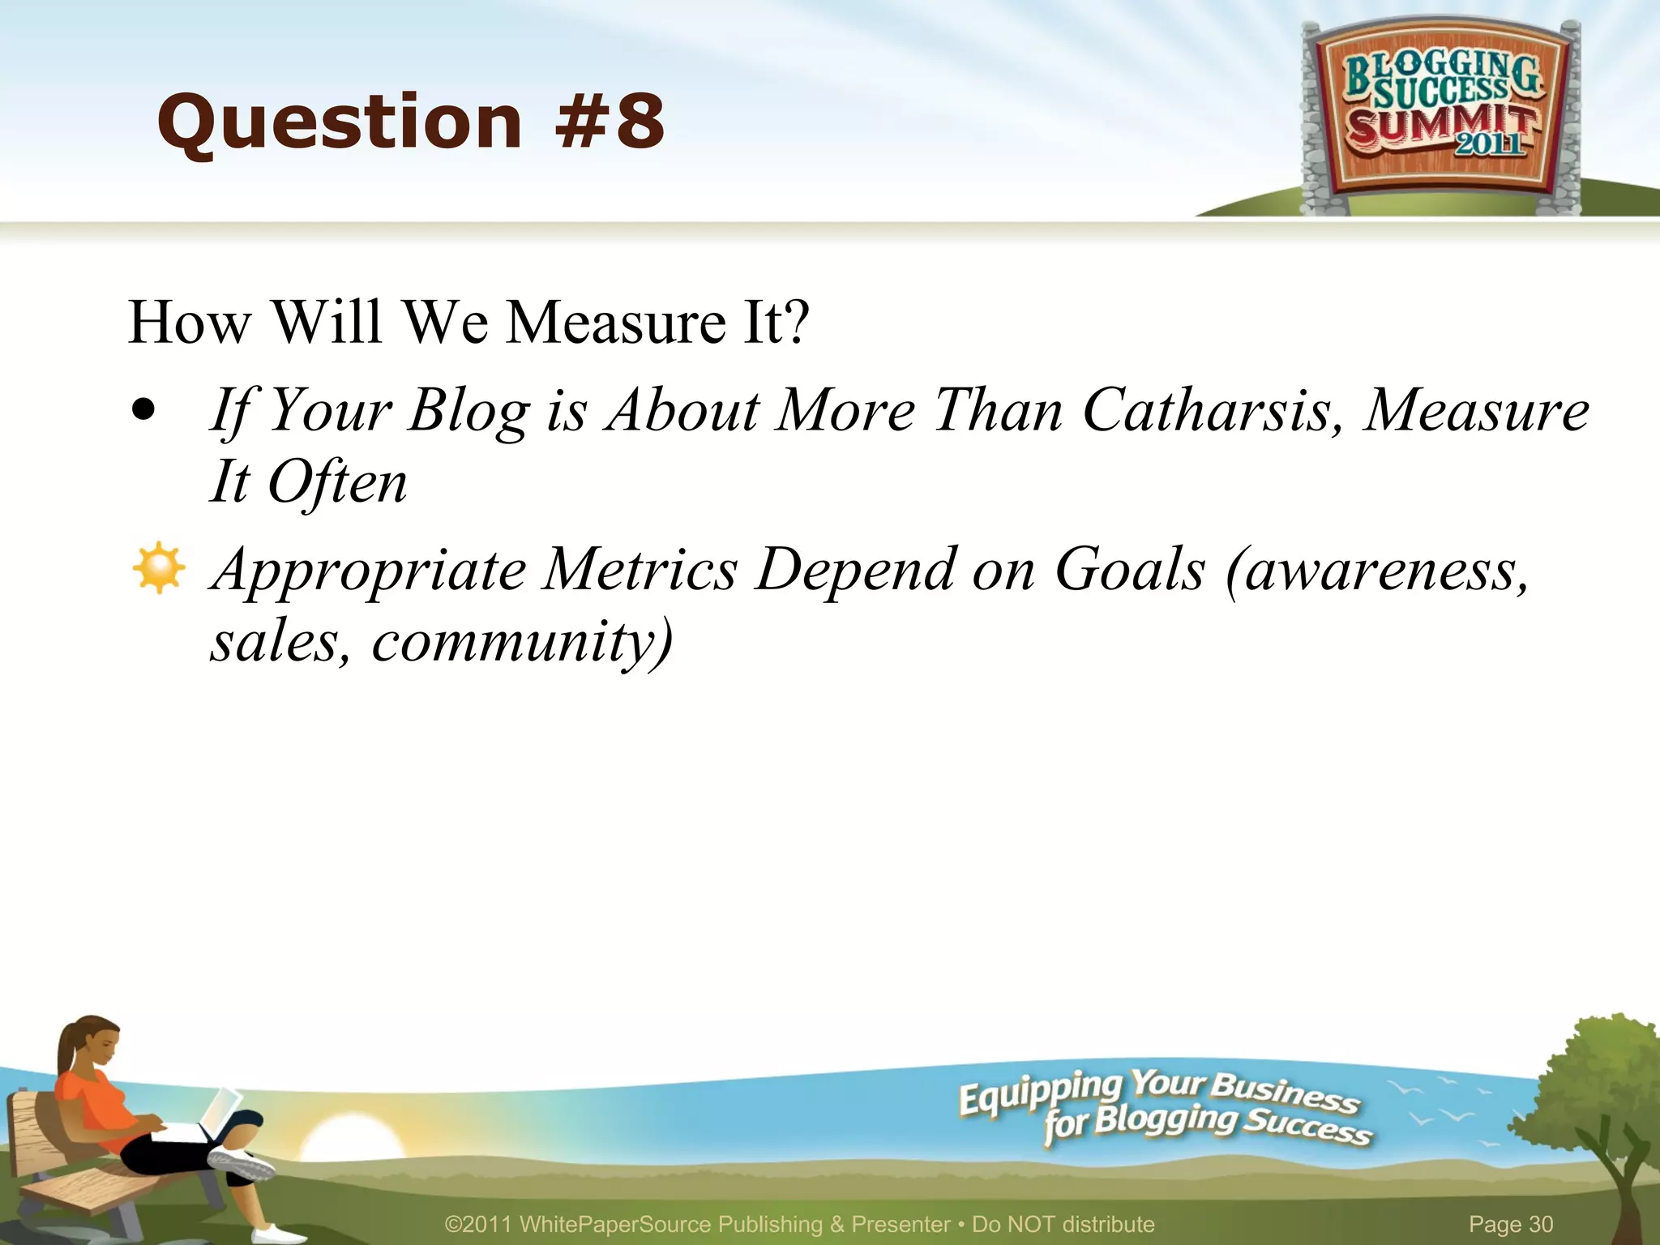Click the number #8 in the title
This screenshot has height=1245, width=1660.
610,122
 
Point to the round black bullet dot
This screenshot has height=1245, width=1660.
143,410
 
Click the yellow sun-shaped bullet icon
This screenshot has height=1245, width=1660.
158,567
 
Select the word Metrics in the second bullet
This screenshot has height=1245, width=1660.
640,570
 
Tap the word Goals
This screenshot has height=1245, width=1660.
1130,570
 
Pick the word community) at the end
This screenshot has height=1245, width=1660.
523,642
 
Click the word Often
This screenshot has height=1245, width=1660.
337,483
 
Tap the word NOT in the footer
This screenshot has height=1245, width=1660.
1030,1224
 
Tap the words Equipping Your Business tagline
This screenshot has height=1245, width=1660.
1159,1090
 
